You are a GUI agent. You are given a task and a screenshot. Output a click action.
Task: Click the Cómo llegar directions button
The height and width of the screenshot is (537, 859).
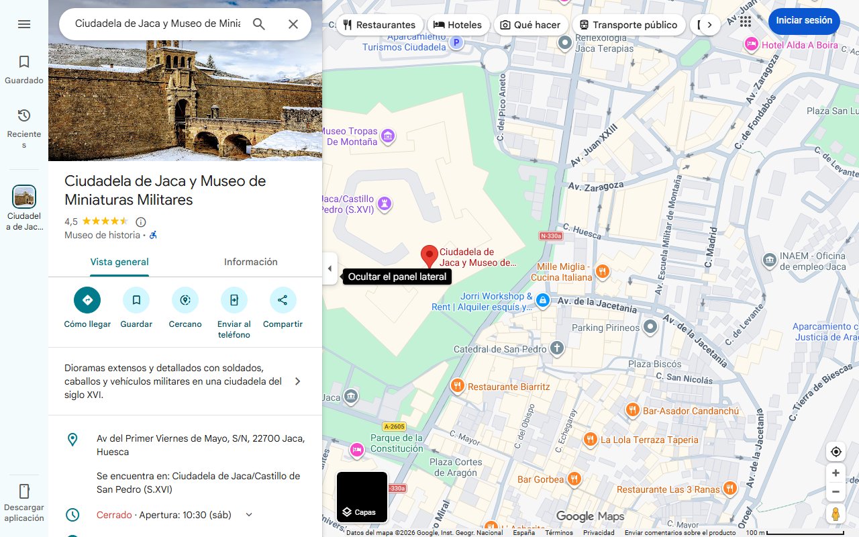click(x=87, y=300)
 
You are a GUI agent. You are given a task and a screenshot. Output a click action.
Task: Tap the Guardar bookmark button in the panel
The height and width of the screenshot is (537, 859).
click(x=136, y=300)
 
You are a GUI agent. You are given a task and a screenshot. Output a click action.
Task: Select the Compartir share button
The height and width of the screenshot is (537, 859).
click(x=283, y=300)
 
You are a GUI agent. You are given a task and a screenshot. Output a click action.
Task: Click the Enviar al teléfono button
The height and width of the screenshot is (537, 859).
click(x=234, y=300)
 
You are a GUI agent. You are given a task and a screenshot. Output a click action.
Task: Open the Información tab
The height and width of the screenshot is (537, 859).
click(x=250, y=262)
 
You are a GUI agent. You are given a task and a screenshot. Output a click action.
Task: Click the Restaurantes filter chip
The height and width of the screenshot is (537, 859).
click(x=379, y=25)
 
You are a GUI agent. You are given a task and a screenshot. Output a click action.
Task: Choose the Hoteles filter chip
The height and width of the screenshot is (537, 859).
click(x=458, y=25)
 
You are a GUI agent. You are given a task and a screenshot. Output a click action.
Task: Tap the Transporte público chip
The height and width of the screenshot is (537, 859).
click(x=628, y=25)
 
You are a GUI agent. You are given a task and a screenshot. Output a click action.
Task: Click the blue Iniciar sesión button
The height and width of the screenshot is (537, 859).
click(x=803, y=21)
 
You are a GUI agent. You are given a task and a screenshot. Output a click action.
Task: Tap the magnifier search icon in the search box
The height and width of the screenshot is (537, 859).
click(x=259, y=24)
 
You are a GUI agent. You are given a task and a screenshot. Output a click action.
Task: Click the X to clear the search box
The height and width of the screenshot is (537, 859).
click(x=293, y=24)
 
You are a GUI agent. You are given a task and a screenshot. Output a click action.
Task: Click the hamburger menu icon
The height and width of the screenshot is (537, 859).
click(x=24, y=24)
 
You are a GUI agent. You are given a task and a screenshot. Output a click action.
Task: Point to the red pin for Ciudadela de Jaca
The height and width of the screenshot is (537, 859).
click(x=429, y=256)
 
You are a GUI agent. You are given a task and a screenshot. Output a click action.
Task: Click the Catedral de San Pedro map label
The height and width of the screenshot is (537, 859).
click(x=501, y=349)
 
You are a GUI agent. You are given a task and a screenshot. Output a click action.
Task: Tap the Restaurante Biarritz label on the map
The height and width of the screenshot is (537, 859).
click(x=509, y=387)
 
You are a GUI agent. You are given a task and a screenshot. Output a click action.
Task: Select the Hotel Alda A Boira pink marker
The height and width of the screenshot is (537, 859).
click(x=752, y=44)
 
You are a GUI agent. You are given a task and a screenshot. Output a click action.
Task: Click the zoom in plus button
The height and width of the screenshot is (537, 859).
click(x=836, y=473)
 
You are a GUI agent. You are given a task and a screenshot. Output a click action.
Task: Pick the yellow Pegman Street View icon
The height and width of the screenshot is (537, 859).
click(x=836, y=514)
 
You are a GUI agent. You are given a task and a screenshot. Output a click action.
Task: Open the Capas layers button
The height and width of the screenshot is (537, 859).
click(x=362, y=497)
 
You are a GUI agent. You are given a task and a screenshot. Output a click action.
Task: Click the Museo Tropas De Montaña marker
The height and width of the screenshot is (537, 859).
click(x=388, y=137)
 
